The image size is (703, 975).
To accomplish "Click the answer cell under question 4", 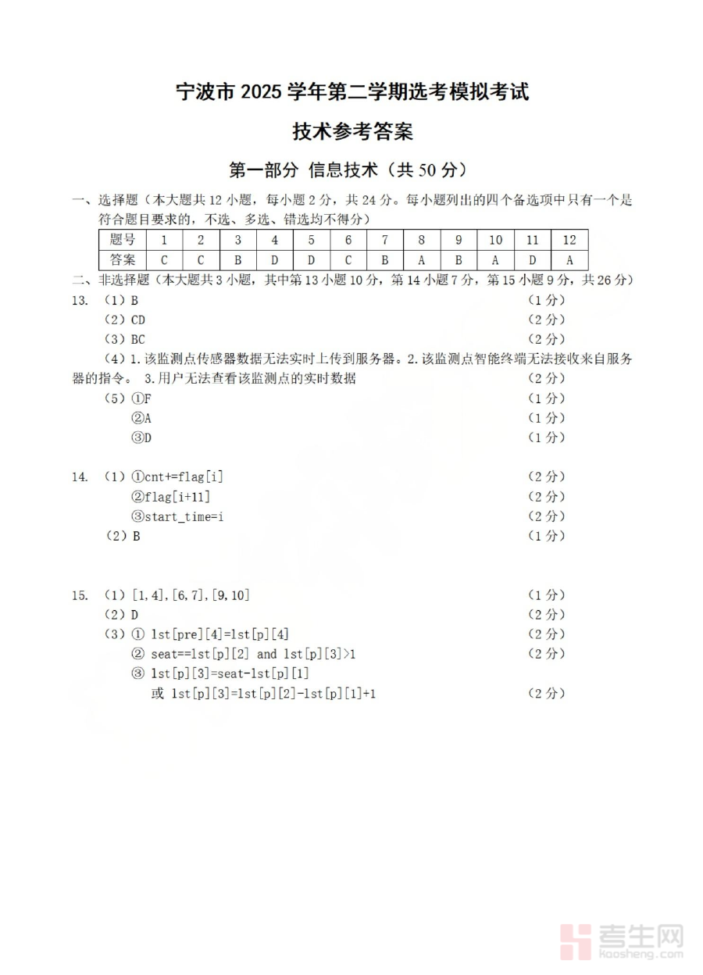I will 274,260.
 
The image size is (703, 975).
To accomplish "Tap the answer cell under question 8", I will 421,260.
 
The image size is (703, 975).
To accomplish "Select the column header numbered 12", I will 569,241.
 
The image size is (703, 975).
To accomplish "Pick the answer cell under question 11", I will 532,260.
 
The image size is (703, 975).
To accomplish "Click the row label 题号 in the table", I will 123,241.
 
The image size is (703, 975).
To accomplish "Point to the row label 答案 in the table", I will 123,260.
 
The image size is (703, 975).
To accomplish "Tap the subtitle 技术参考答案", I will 352,131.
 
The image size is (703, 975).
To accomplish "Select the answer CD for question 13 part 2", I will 137,320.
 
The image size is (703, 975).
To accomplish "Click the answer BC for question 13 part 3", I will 137,339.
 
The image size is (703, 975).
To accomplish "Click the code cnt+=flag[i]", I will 177,477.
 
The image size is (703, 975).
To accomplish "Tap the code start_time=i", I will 178,516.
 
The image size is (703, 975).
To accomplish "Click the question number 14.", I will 79,477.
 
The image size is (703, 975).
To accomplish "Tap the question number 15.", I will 79,595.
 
